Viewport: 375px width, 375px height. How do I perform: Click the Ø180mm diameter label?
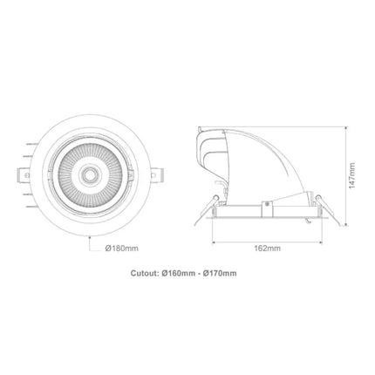tap(122, 248)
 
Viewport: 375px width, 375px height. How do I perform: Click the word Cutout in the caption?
tap(142, 273)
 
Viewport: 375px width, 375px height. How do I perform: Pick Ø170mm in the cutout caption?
tap(218, 273)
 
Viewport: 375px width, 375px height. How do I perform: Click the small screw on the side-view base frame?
tap(264, 206)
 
